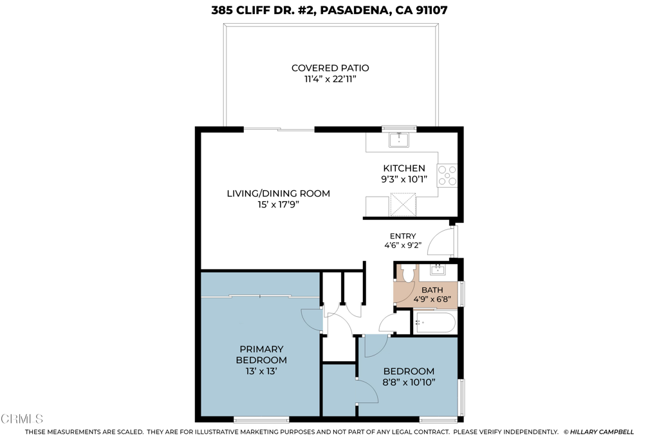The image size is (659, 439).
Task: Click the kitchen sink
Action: [398, 139]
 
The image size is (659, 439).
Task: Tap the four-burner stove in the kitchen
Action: [447, 175]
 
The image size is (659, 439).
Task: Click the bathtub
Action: [434, 323]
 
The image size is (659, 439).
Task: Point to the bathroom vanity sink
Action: [438, 269]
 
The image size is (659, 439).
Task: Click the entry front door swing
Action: [441, 241]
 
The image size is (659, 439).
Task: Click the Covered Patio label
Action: [330, 68]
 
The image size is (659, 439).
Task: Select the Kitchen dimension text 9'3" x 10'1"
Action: [404, 179]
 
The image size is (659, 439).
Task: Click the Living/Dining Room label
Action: [278, 193]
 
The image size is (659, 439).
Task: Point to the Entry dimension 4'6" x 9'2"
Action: [403, 245]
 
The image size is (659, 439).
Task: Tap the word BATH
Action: [432, 290]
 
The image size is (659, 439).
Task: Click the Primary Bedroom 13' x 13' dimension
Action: [261, 372]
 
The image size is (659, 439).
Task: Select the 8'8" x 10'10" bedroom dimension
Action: [409, 382]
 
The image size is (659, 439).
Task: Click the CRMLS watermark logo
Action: [22, 418]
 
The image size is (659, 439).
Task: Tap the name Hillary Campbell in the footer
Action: [602, 432]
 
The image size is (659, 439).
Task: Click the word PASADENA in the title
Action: [353, 10]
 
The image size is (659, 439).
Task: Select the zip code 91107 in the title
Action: [432, 10]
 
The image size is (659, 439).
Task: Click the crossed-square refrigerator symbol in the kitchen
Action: [404, 204]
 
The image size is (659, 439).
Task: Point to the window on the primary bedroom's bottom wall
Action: [261, 419]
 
